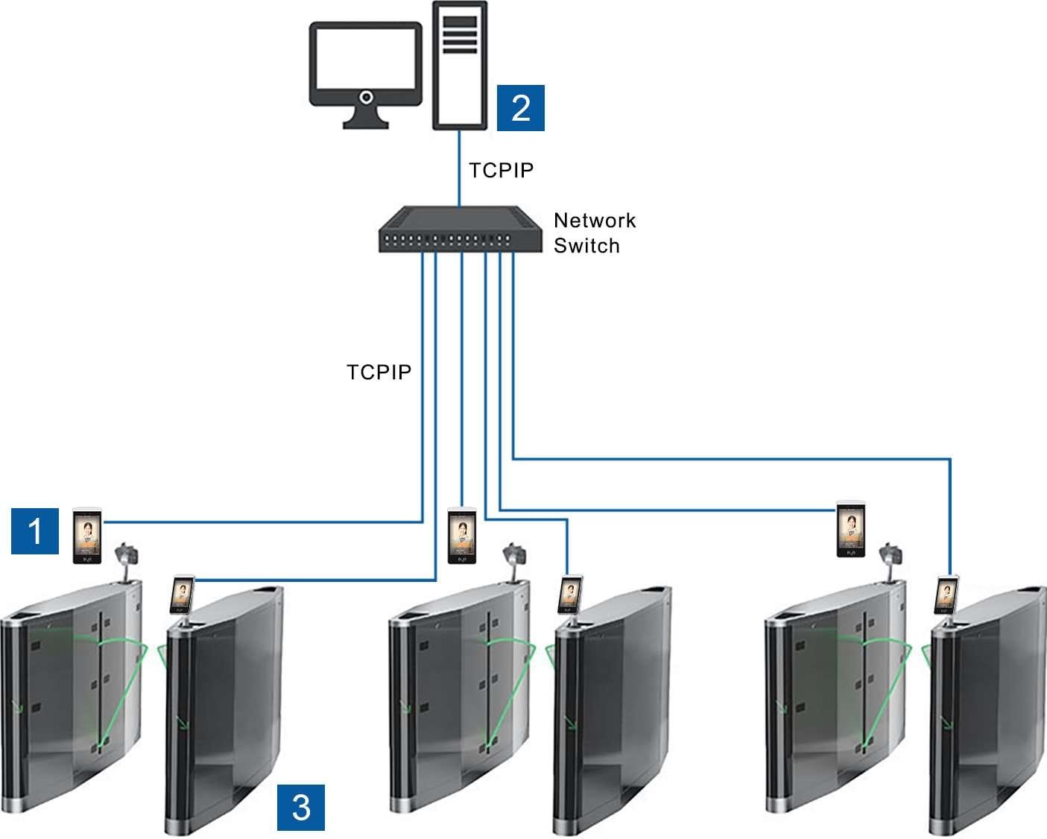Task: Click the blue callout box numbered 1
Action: pyautogui.click(x=35, y=531)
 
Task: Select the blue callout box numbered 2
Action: pyautogui.click(x=520, y=107)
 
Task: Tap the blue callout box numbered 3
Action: pyautogui.click(x=300, y=807)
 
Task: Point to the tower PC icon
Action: pyautogui.click(x=461, y=66)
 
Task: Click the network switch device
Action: pyautogui.click(x=459, y=230)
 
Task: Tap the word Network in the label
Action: pyautogui.click(x=595, y=221)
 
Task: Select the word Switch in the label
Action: pyautogui.click(x=586, y=246)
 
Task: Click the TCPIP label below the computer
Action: pyautogui.click(x=502, y=171)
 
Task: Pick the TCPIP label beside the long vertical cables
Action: pyautogui.click(x=379, y=372)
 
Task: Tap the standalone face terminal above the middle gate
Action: pyautogui.click(x=461, y=536)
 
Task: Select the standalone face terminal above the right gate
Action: pyautogui.click(x=851, y=529)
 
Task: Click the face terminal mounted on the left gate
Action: pyautogui.click(x=182, y=595)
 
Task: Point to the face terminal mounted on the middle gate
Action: pyautogui.click(x=569, y=595)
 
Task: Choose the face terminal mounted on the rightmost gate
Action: pyautogui.click(x=947, y=595)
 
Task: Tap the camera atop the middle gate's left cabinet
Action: pyautogui.click(x=513, y=556)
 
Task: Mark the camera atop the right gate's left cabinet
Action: pyautogui.click(x=891, y=556)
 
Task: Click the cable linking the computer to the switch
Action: pyautogui.click(x=459, y=168)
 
